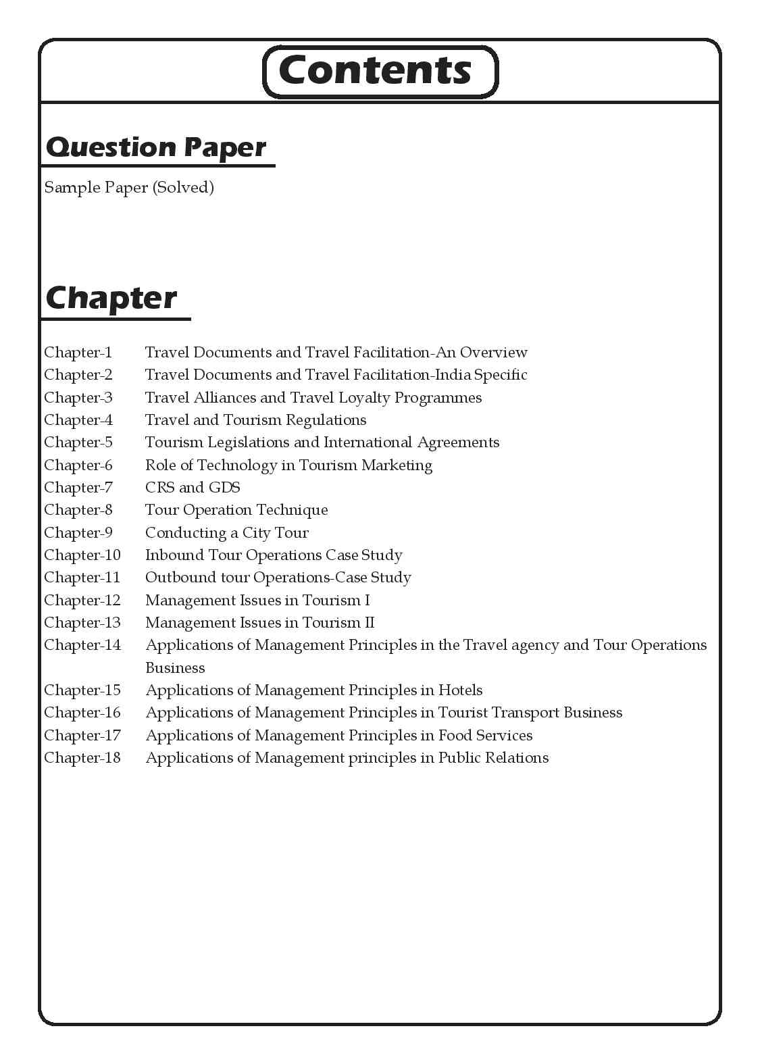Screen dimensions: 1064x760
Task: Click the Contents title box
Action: (x=379, y=71)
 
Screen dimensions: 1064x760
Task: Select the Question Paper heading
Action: (x=156, y=147)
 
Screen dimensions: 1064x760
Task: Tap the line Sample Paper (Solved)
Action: (x=129, y=187)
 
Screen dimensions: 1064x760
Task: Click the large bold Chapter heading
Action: (x=111, y=298)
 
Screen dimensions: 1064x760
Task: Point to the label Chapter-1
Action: (x=78, y=352)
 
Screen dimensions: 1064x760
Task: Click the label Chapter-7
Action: (x=78, y=487)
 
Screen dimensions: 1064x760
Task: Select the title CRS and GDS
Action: (x=193, y=487)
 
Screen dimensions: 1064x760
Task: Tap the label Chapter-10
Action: (x=82, y=555)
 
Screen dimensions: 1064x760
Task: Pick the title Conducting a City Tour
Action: (x=227, y=532)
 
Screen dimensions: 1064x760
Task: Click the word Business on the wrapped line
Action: (x=175, y=667)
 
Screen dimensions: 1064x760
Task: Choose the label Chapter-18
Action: (x=82, y=757)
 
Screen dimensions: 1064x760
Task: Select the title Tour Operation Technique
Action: (x=236, y=509)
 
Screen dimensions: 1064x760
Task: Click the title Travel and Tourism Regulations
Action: (x=256, y=420)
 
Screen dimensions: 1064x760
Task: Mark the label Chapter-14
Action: (x=82, y=644)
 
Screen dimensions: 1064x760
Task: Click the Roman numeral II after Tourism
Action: (x=369, y=622)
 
